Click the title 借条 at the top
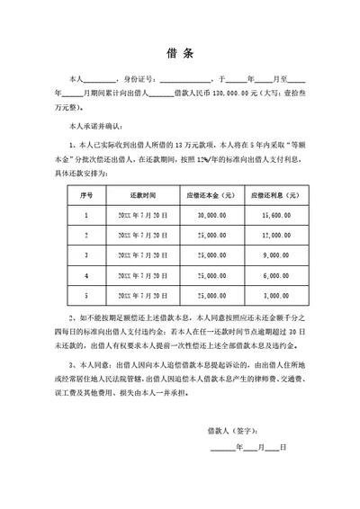tap(179, 51)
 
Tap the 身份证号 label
tap(136, 79)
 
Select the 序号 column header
tap(86, 195)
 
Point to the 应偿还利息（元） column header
tap(274, 195)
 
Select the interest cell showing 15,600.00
tap(274, 216)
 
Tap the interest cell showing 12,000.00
tap(274, 235)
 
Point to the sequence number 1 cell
tap(86, 216)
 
